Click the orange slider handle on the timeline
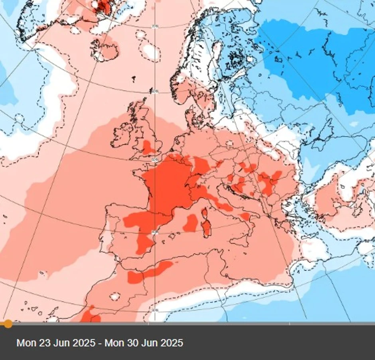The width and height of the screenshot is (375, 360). (8, 324)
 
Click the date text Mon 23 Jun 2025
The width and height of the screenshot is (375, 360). (56, 343)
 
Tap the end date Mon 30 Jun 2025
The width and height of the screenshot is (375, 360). (144, 343)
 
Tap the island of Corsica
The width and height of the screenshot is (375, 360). (205, 214)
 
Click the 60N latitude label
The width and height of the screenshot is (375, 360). (155, 91)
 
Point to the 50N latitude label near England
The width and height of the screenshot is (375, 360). (155, 159)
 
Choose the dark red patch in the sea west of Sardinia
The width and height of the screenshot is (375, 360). (191, 222)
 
